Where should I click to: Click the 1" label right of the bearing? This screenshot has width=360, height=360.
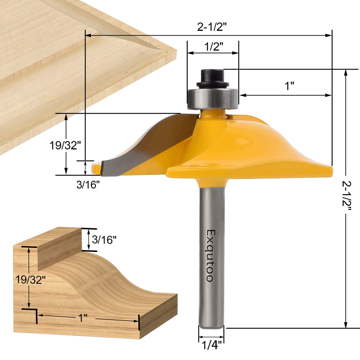[289, 86]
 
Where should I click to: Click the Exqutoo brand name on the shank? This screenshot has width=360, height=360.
[210, 255]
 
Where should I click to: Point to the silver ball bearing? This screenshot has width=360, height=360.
[212, 99]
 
